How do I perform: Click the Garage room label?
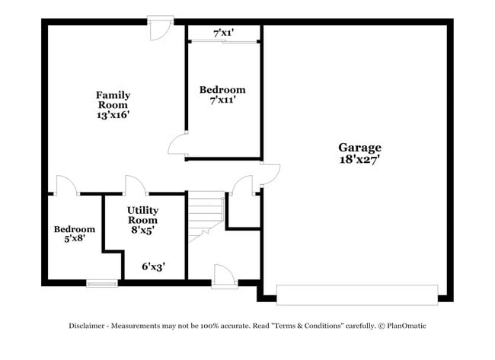point(359,147)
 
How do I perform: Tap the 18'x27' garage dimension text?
point(359,159)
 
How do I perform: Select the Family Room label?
point(113,100)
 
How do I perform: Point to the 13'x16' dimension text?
point(113,115)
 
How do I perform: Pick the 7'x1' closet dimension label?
point(223,33)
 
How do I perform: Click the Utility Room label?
point(142,215)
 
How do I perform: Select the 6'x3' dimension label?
point(154,266)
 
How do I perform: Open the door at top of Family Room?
point(161,28)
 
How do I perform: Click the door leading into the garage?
point(270,174)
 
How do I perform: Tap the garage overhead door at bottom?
point(357,295)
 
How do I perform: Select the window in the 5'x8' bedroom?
point(102,284)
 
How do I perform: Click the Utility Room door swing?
point(136,185)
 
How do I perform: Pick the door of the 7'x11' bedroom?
point(178,145)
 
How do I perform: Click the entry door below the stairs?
point(225,276)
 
